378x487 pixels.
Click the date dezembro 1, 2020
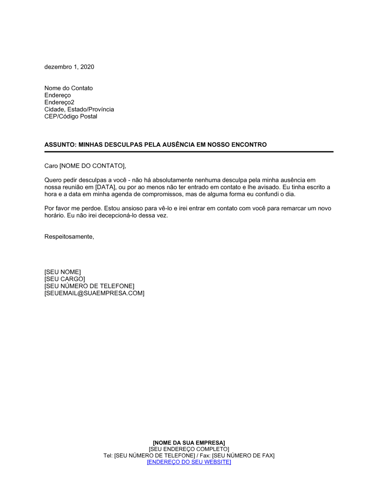point(69,67)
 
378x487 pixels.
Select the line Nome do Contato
point(68,88)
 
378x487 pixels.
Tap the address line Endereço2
point(59,102)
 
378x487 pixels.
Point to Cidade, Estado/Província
point(79,109)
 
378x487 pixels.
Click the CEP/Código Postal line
point(71,117)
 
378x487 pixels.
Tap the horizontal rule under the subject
point(189,152)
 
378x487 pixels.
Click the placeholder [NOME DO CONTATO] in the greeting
point(92,166)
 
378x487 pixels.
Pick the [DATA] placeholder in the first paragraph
point(105,187)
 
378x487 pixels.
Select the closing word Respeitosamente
point(69,237)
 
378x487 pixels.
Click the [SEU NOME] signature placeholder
point(62,272)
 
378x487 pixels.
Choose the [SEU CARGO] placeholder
point(65,279)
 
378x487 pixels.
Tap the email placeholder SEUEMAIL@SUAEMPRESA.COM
point(94,293)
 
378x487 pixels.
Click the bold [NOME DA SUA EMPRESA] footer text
point(189,443)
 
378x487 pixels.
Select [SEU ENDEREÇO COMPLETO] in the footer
point(189,449)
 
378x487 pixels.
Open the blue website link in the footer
point(189,462)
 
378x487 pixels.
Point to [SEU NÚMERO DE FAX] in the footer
point(243,456)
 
